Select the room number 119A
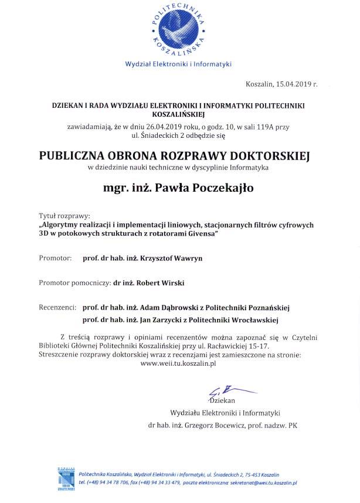pyautogui.click(x=264, y=126)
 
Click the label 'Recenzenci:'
pyautogui.click(x=58, y=307)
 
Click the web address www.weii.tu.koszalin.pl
pyautogui.click(x=178, y=363)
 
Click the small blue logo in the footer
pyautogui.click(x=67, y=478)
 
